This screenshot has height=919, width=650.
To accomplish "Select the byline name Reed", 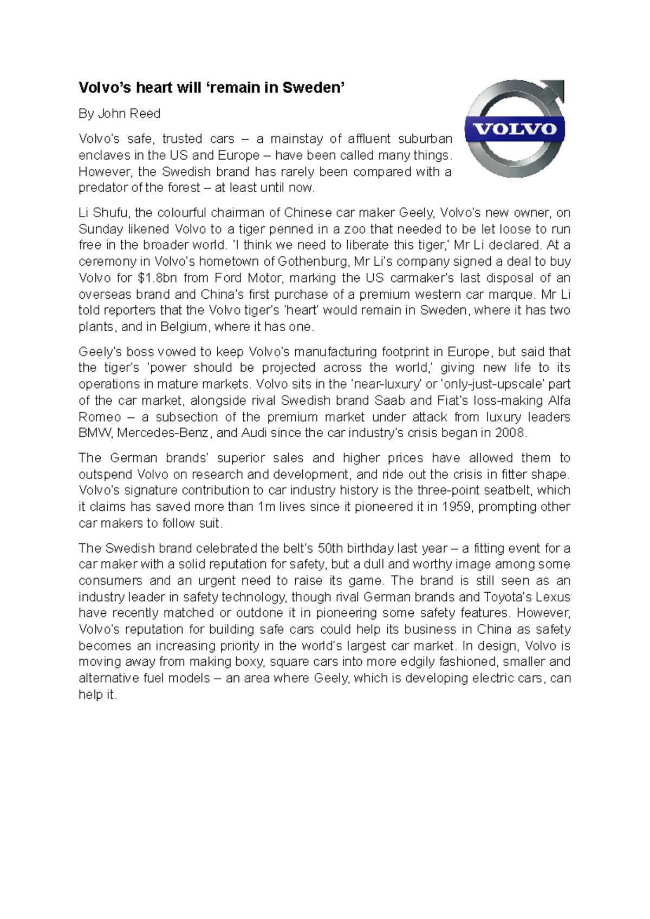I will tap(145, 114).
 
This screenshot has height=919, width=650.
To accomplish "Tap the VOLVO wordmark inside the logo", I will tap(515, 129).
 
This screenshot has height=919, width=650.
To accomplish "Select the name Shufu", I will tap(112, 213).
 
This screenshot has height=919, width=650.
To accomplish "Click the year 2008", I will tap(510, 433).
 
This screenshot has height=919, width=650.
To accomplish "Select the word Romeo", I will tap(100, 417).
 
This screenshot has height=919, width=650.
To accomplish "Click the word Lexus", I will tap(552, 598).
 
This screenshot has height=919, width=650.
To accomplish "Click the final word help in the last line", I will tap(90, 695).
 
